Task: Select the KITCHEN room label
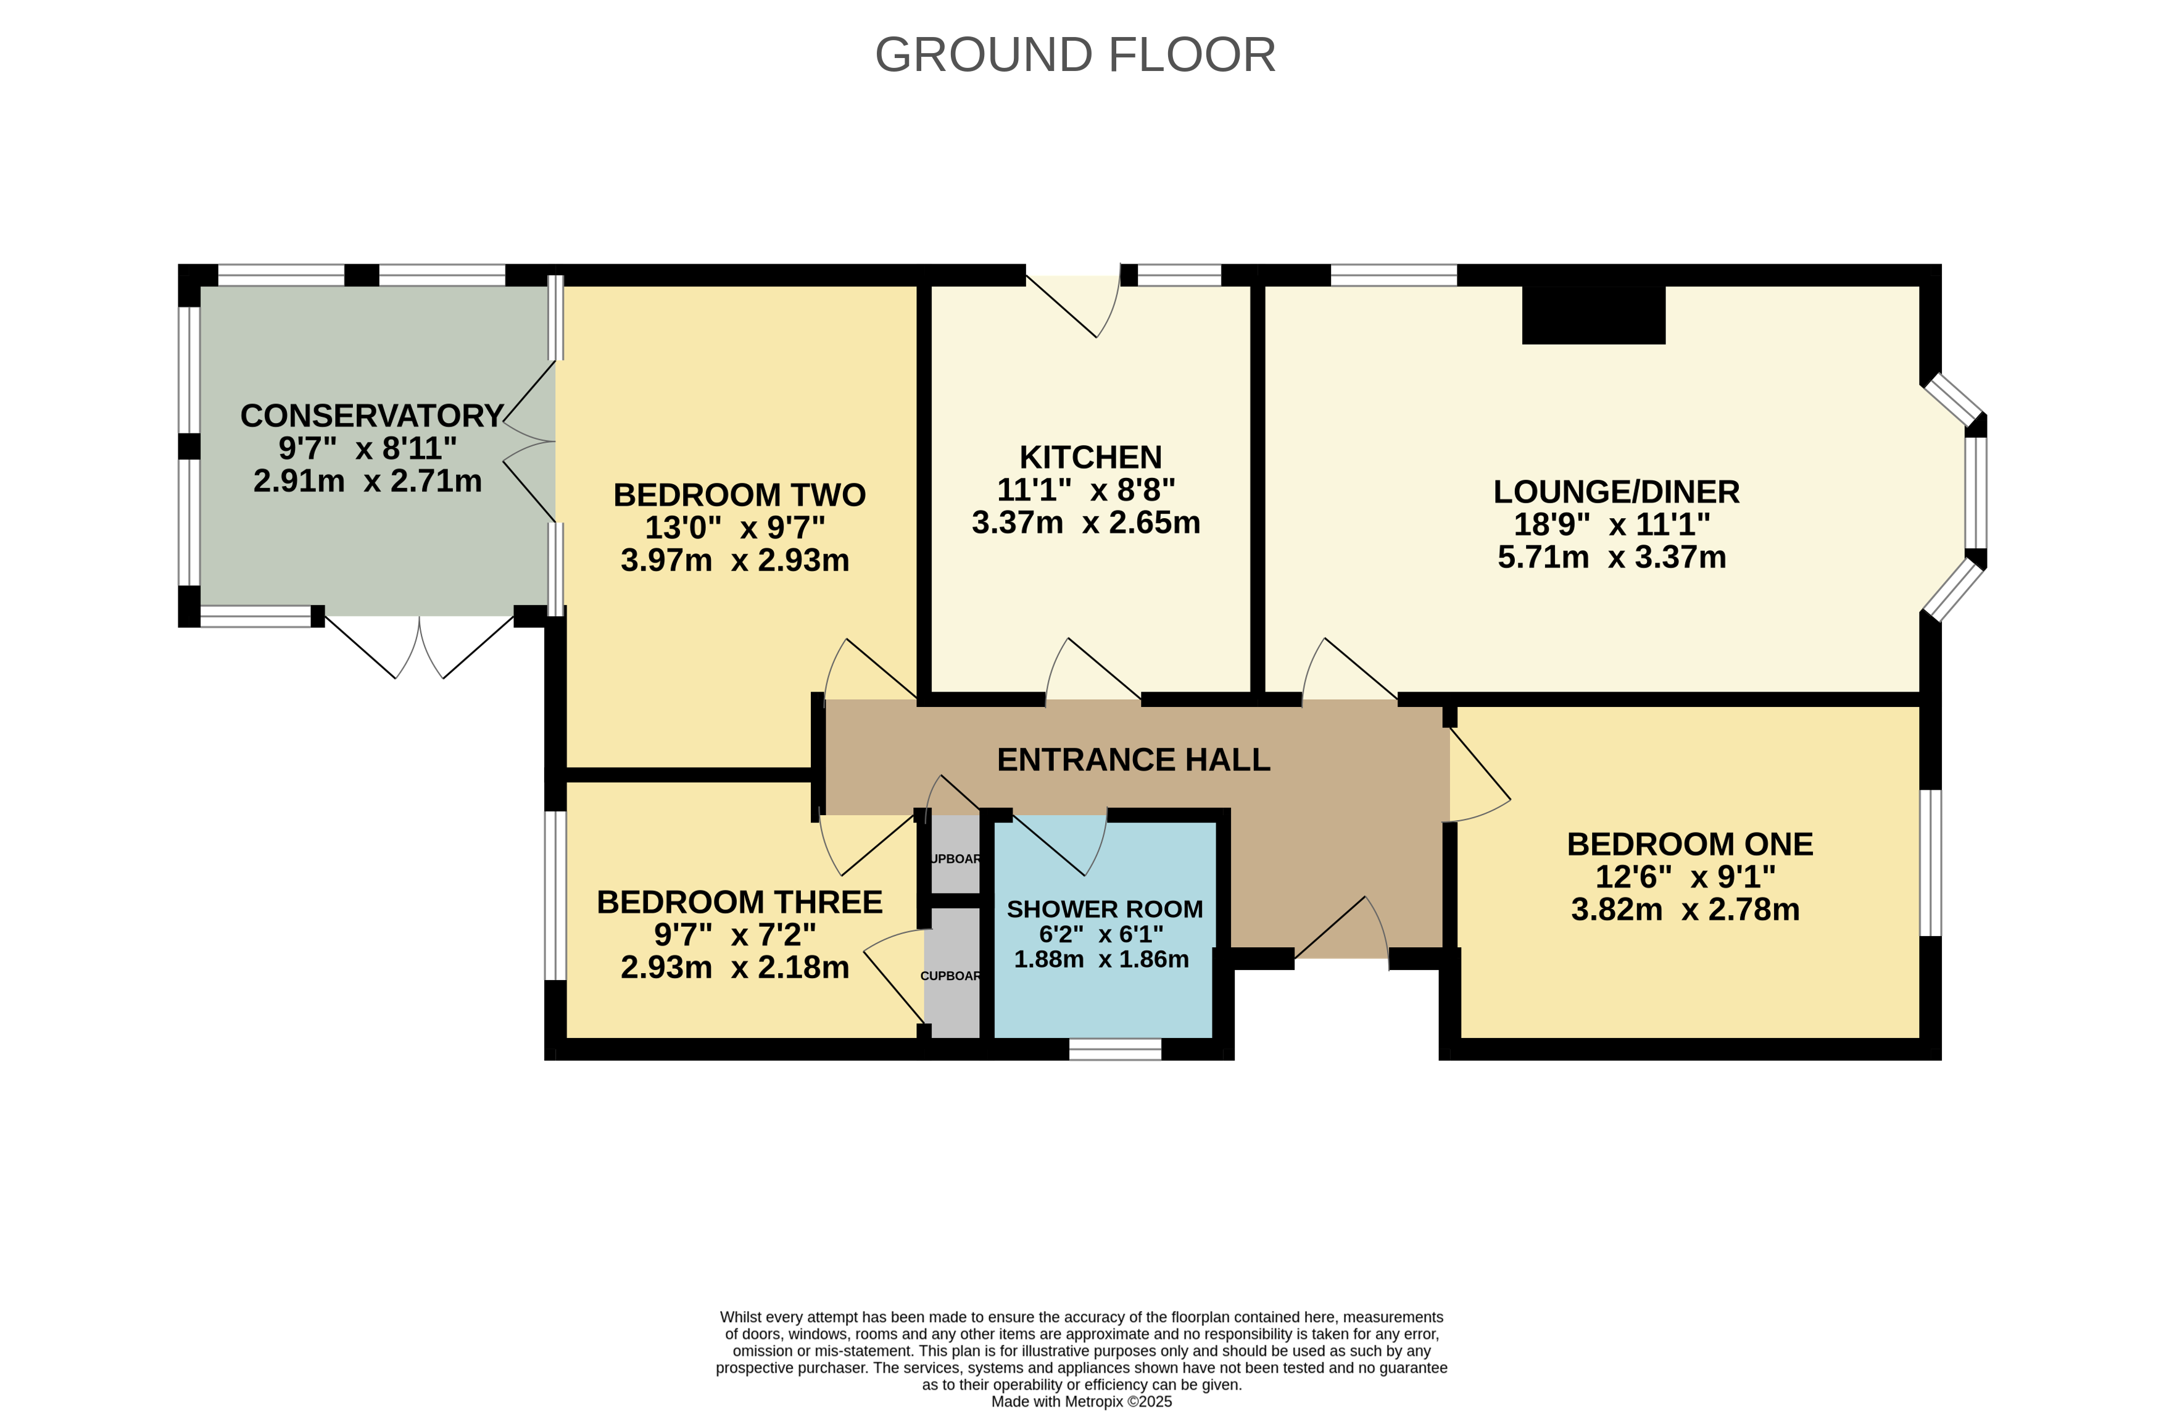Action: [x=1090, y=457]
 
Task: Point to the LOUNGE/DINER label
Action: [x=1615, y=492]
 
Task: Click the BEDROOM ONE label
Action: [x=1689, y=844]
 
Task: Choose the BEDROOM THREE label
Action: [x=739, y=902]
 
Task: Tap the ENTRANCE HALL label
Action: [x=1133, y=760]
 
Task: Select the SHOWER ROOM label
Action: [x=1105, y=909]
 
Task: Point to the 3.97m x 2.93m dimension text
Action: [x=735, y=561]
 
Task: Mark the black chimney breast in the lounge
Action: [x=1593, y=315]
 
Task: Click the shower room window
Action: [x=1115, y=1049]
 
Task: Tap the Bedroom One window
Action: [x=1930, y=863]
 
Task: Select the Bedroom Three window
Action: [x=555, y=895]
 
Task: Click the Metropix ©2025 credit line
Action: [x=1081, y=1401]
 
